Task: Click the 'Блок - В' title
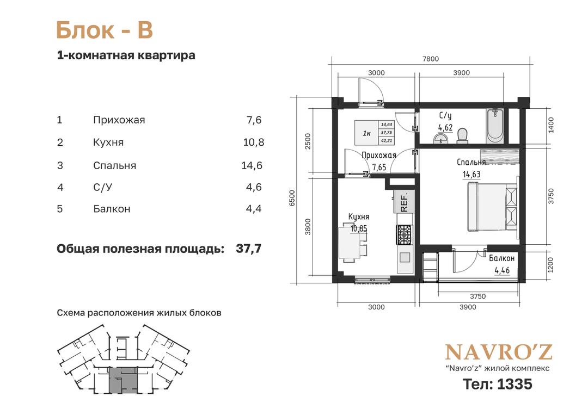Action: pyautogui.click(x=105, y=30)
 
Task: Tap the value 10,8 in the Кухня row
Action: pyautogui.click(x=254, y=143)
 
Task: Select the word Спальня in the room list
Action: pyautogui.click(x=115, y=165)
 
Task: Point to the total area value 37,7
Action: pyautogui.click(x=249, y=249)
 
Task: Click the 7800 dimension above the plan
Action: pyautogui.click(x=430, y=59)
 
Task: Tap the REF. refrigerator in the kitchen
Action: pyautogui.click(x=404, y=201)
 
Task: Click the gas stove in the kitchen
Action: pyautogui.click(x=404, y=235)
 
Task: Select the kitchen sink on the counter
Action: pyautogui.click(x=405, y=257)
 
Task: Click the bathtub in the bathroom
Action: pyautogui.click(x=495, y=126)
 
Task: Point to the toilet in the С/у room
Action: pyautogui.click(x=463, y=136)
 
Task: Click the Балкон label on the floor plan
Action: pyautogui.click(x=502, y=258)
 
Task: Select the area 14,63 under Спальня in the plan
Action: pyautogui.click(x=471, y=174)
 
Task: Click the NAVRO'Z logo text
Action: pyautogui.click(x=498, y=352)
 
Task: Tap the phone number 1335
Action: pyautogui.click(x=514, y=384)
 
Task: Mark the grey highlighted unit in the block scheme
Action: pyautogui.click(x=123, y=380)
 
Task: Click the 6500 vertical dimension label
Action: pyautogui.click(x=293, y=198)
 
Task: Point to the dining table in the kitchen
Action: pyautogui.click(x=350, y=243)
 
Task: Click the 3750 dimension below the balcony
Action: pyautogui.click(x=478, y=296)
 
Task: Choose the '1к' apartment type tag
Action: pyautogui.click(x=367, y=133)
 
